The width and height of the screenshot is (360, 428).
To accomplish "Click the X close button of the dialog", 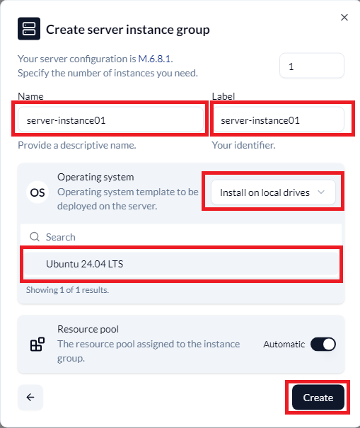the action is pos(344,18).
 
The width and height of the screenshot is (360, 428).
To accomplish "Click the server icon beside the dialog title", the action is pos(29,29).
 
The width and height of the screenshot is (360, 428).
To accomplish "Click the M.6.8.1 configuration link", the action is pos(155,59).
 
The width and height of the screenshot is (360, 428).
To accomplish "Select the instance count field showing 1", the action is pos(312,66).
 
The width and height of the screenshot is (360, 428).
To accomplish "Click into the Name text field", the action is pos(110,120).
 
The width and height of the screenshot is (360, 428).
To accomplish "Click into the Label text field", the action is pos(278,120).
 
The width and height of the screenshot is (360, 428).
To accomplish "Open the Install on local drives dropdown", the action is pos(273,192).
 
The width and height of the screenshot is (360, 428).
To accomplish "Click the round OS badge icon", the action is pos(37,192).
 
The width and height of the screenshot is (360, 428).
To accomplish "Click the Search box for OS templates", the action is pos(181,237).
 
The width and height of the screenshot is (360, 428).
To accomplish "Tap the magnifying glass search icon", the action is pos(35,237).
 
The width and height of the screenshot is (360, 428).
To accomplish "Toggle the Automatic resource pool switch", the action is pos(323,344).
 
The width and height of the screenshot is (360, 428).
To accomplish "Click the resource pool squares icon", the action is pos(37,344).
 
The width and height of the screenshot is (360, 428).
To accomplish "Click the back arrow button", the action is pos(30,397).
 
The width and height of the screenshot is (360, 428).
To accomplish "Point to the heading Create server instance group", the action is pos(128,30).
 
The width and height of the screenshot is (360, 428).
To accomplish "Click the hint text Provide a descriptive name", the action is pos(76,145).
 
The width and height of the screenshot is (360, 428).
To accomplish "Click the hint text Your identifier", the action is pos(243,145).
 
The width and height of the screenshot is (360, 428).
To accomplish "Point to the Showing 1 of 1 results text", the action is pos(67,290).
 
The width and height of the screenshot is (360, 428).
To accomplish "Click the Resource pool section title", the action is pos(88,329).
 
